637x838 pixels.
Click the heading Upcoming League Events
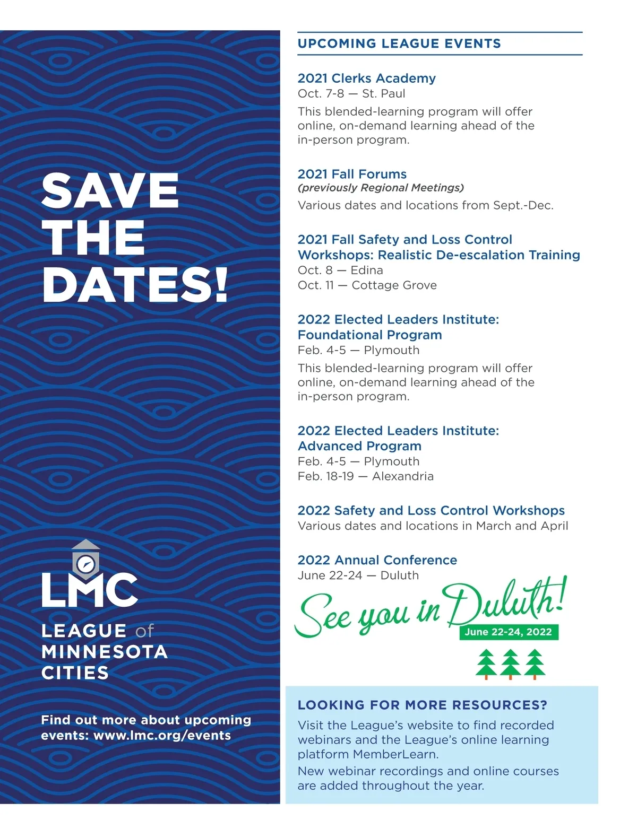click(x=399, y=43)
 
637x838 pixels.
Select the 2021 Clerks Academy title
click(x=366, y=78)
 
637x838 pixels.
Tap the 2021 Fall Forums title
click(x=352, y=174)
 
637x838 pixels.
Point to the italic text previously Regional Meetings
click(x=381, y=188)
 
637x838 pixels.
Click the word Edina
click(x=367, y=270)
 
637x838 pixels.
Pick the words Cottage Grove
click(x=394, y=285)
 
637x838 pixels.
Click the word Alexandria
click(x=402, y=476)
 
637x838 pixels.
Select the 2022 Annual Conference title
click(x=377, y=560)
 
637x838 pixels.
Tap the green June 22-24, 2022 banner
click(x=508, y=632)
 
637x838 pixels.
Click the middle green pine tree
click(x=510, y=664)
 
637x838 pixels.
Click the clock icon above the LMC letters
click(x=85, y=563)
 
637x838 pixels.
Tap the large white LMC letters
click(x=90, y=590)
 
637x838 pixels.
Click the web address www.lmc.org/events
click(x=162, y=736)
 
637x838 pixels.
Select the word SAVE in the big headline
click(x=110, y=191)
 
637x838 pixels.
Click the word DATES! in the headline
click(x=135, y=284)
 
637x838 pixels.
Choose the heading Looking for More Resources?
click(x=422, y=705)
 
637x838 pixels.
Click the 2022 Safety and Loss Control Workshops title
click(x=431, y=510)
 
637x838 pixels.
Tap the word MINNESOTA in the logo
click(x=105, y=652)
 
